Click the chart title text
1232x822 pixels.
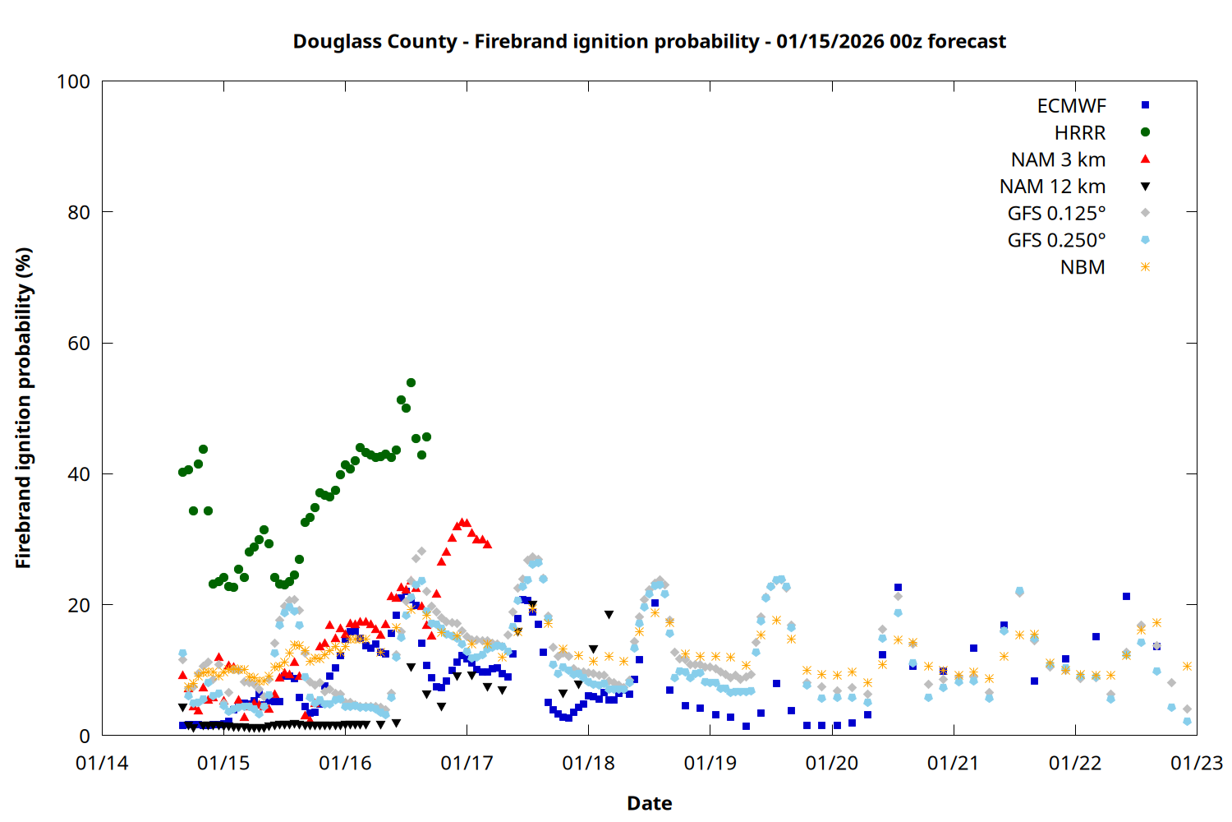coord(649,41)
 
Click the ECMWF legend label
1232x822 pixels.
coord(1071,106)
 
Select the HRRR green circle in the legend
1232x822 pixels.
coord(1145,132)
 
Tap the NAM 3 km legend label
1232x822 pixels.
coord(1058,159)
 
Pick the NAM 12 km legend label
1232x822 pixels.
coord(1052,187)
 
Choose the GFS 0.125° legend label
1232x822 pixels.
coord(1056,214)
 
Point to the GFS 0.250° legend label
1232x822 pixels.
coord(1056,240)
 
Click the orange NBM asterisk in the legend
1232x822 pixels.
coord(1145,267)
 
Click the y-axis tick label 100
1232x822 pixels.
coord(73,81)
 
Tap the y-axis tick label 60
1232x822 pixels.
coord(79,343)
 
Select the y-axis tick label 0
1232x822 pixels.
coord(85,736)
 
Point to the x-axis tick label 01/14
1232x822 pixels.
coord(102,763)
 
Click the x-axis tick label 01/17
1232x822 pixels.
coord(467,763)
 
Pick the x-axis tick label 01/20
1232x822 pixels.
coord(832,763)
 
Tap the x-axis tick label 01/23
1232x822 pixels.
coord(1197,763)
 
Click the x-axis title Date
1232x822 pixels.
coord(649,803)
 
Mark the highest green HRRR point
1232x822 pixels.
coord(411,382)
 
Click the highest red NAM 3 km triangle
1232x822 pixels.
coord(462,522)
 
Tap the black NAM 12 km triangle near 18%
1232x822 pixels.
coord(609,615)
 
